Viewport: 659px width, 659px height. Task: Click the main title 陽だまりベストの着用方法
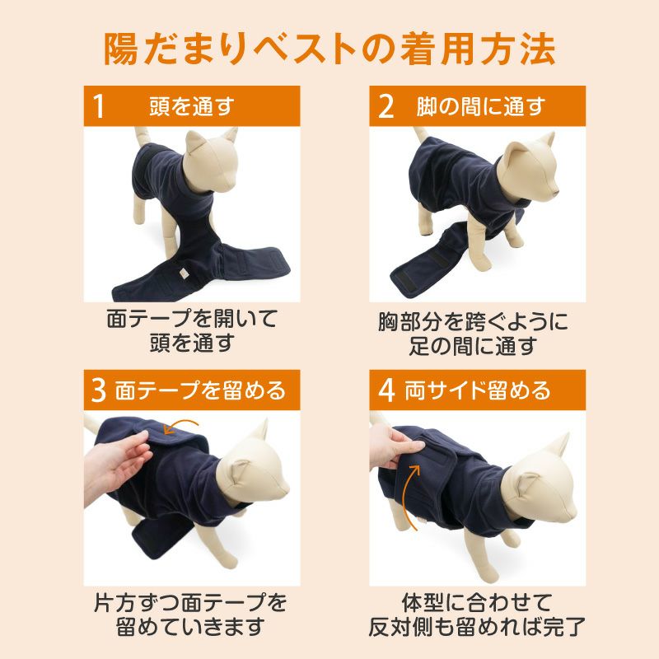(329, 49)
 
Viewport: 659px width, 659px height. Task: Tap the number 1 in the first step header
(98, 106)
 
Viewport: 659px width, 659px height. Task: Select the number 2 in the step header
(386, 106)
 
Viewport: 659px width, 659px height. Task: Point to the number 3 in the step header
(98, 390)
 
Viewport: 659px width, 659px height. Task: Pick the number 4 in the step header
(386, 390)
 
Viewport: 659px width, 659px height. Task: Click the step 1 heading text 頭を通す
(192, 106)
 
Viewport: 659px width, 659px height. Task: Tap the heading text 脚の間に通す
(481, 106)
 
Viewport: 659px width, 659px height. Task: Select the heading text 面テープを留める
(200, 390)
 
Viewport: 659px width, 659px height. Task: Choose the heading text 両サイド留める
(478, 390)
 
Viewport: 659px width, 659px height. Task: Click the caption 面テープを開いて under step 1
(192, 319)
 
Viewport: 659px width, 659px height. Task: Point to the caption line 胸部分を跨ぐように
(473, 322)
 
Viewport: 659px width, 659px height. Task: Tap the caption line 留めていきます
(190, 627)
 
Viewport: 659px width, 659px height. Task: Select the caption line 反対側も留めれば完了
(477, 627)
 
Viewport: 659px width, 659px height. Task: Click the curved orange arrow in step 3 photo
(181, 423)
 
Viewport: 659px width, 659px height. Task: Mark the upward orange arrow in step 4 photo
(409, 496)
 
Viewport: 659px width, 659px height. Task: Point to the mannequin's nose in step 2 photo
(556, 193)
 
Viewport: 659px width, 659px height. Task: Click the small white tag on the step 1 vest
(184, 273)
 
